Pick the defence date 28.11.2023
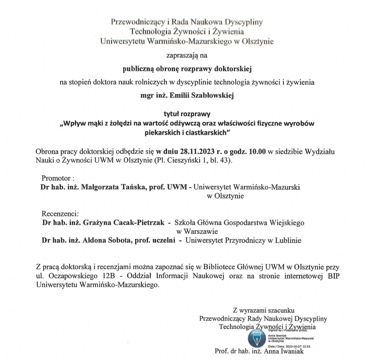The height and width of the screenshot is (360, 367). click(191, 151)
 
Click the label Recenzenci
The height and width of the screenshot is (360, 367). click(60, 213)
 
